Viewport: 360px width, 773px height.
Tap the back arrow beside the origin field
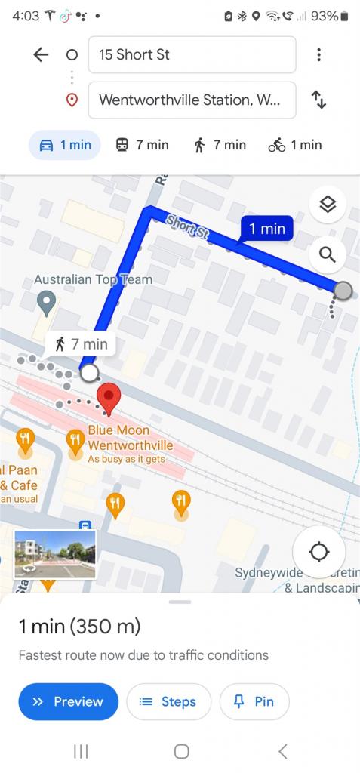coord(41,54)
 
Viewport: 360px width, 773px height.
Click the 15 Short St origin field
coord(192,55)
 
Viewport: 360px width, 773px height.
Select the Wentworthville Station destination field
coord(192,100)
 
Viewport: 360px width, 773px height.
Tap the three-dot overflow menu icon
coord(319,54)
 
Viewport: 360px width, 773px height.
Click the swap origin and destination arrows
coord(319,100)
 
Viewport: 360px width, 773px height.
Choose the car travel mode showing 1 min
coord(64,145)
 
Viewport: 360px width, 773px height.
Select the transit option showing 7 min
coord(142,145)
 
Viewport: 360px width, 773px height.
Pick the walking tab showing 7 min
coord(220,145)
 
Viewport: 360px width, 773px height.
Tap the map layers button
coord(328,204)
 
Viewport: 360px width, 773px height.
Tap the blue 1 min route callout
coord(266,229)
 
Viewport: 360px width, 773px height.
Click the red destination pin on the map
coord(110,398)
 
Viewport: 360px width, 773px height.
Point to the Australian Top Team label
coord(93,279)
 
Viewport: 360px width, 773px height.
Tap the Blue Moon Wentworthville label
coord(130,438)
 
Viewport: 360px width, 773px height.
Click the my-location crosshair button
coord(319,552)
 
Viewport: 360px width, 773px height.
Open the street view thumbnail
coord(55,555)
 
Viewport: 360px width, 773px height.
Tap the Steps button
coord(168,702)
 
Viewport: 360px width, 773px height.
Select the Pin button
coord(254,702)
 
